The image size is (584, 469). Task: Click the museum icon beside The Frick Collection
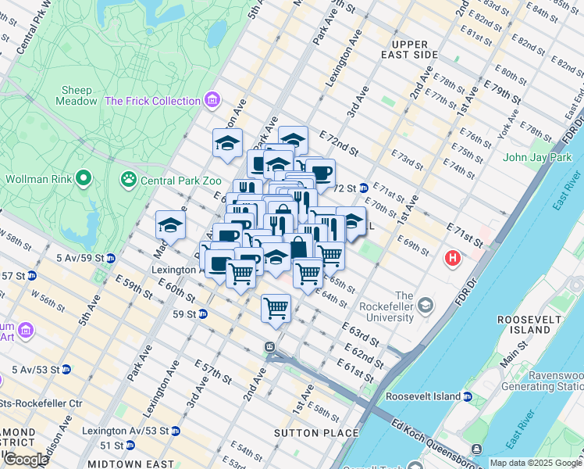(212, 101)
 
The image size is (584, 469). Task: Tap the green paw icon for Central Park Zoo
(127, 181)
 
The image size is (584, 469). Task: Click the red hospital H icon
(452, 258)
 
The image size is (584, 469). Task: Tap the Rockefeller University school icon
(425, 303)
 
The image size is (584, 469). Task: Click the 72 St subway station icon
(364, 188)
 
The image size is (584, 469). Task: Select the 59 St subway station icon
(202, 314)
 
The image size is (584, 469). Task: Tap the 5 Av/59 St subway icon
(111, 257)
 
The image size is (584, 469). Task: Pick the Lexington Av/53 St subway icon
(176, 431)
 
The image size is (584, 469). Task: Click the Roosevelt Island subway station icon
(468, 396)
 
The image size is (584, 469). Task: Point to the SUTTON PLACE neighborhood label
(316, 432)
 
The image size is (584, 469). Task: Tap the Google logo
(26, 459)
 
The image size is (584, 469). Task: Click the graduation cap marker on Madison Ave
(169, 226)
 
